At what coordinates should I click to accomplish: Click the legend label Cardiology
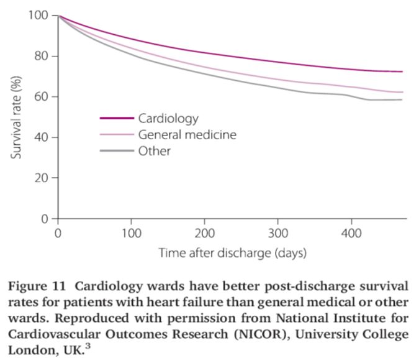(168, 117)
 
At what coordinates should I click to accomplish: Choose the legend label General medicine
(188, 134)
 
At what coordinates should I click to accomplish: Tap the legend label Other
(155, 151)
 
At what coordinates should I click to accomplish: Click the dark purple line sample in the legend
(117, 117)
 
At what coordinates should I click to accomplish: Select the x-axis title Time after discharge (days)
(233, 253)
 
